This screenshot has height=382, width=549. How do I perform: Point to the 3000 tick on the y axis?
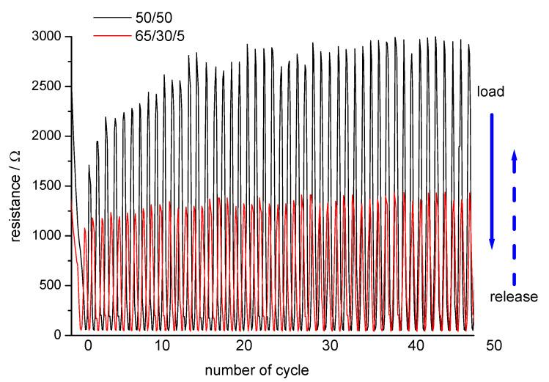coord(48,37)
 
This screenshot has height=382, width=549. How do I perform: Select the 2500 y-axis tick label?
coord(48,87)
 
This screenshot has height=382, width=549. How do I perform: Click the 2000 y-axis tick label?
coord(48,136)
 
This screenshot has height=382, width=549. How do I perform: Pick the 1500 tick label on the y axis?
coord(48,186)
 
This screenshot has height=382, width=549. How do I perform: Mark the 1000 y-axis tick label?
coord(48,236)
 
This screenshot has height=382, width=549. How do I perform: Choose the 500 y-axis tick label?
coord(51,286)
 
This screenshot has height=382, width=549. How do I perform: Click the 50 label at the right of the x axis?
coord(495,343)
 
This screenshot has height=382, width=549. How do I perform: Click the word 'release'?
coord(515,298)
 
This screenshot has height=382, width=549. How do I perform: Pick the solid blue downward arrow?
coord(493,180)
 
